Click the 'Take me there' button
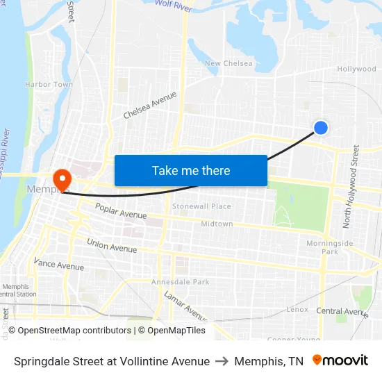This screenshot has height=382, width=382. (x=191, y=171)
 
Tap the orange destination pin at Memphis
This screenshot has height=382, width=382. (x=62, y=179)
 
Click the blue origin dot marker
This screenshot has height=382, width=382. (x=321, y=127)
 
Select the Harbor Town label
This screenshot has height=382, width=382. (x=49, y=85)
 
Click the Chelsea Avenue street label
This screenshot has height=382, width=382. (x=150, y=105)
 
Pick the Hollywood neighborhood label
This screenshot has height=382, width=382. (x=356, y=69)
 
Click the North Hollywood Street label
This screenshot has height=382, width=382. (x=350, y=186)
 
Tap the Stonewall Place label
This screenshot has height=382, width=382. (x=201, y=206)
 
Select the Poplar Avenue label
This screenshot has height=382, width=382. (x=121, y=210)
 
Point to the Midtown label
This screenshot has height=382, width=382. (x=217, y=224)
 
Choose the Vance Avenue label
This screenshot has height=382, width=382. (x=59, y=263)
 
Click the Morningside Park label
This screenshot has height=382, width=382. (x=329, y=247)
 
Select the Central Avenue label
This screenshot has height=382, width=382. (x=340, y=311)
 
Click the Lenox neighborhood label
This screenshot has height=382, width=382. (x=297, y=309)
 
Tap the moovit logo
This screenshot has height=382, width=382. (x=340, y=360)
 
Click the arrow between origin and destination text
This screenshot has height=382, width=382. (x=222, y=361)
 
